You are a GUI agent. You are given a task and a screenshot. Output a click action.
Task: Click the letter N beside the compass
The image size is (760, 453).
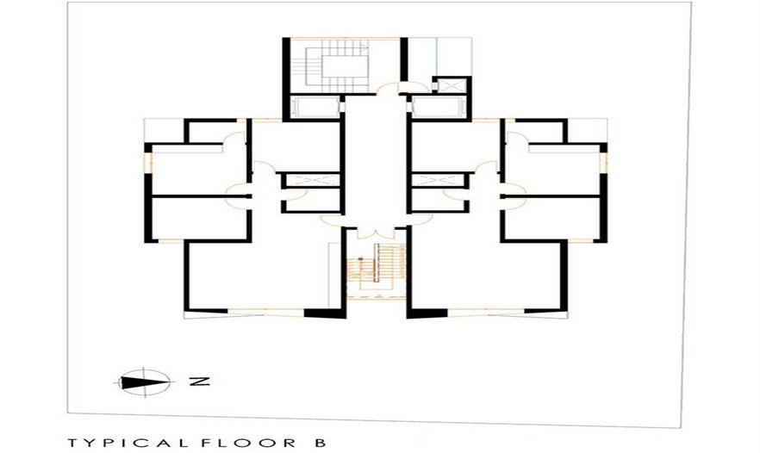[x=199, y=382]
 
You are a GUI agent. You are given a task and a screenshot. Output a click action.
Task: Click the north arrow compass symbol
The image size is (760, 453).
[x=144, y=382]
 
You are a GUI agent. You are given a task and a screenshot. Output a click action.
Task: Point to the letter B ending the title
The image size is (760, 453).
[x=321, y=443]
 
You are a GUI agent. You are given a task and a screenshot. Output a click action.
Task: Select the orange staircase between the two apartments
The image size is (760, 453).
[x=377, y=270]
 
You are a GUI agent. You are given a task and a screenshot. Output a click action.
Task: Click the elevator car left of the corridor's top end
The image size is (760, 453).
[x=316, y=108]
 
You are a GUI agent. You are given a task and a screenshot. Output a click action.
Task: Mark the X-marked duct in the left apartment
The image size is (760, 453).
[x=310, y=180]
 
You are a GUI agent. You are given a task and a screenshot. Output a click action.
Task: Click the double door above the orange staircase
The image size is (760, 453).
[x=377, y=233]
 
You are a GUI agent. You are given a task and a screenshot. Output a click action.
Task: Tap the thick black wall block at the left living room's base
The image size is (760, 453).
[x=325, y=313]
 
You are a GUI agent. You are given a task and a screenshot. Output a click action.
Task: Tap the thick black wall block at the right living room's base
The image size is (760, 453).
[x=427, y=313]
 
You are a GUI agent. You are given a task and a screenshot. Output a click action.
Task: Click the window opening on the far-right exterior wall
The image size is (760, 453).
[x=603, y=162]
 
